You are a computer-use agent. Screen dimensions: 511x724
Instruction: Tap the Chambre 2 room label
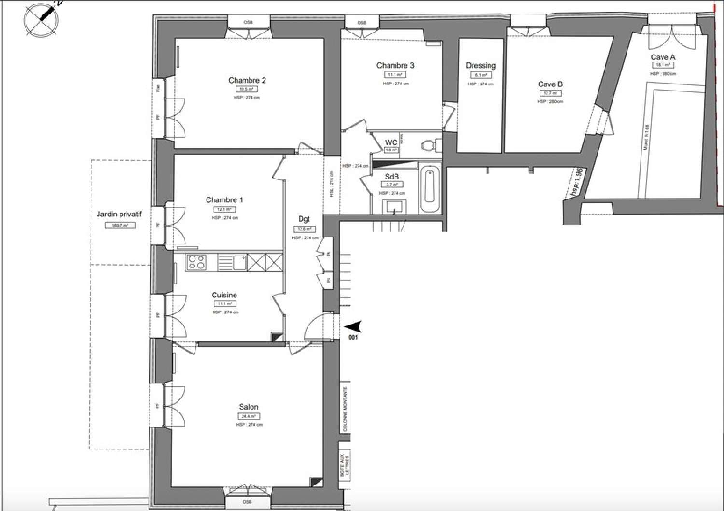[x=247, y=80]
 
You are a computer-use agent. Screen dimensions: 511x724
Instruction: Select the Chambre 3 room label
[x=395, y=66]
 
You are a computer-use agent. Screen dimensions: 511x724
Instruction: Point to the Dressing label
[x=480, y=66]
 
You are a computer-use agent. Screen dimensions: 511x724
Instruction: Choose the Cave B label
[x=550, y=84]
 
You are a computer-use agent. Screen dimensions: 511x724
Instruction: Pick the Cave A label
[x=662, y=57]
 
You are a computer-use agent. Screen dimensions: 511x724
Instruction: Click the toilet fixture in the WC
[x=429, y=145]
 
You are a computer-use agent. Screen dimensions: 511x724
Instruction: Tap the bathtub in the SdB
[x=430, y=188]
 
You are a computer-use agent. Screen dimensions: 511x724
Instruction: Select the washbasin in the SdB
[x=394, y=208]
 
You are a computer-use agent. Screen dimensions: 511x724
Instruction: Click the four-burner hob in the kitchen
[x=196, y=262]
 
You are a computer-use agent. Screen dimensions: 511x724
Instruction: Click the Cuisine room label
[x=224, y=295]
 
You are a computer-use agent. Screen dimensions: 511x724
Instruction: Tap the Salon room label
[x=249, y=407]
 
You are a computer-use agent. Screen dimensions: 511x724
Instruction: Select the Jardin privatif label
[x=119, y=214]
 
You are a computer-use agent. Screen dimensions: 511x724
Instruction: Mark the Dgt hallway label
[x=304, y=219]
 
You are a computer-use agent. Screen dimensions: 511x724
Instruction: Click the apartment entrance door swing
[x=319, y=327]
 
